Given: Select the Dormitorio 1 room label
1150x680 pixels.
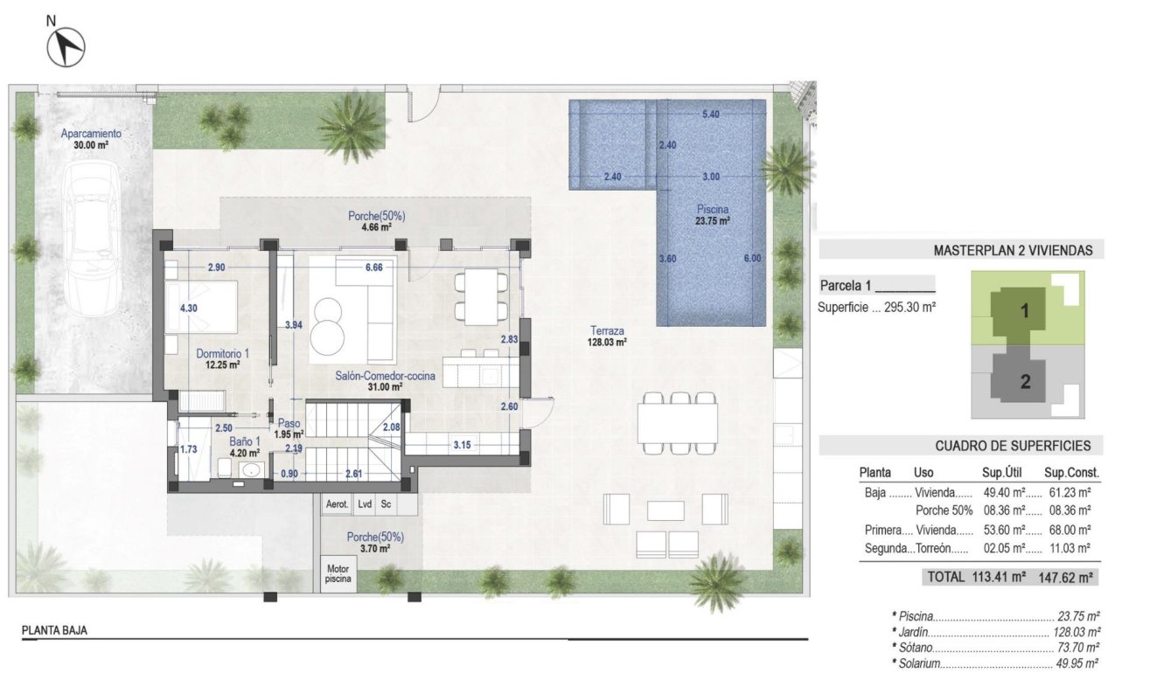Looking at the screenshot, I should pos(223,358).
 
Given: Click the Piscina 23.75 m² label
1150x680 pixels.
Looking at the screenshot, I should pos(713,215).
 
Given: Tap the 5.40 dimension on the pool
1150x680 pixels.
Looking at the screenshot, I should pos(711,114).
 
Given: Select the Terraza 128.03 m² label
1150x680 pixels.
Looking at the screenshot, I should pos(606,337).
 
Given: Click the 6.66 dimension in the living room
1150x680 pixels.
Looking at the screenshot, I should pos(373,267).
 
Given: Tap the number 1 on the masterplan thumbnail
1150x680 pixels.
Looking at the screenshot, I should pos(1024,309).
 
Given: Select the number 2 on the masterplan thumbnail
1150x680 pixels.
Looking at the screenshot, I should pos(1024,381).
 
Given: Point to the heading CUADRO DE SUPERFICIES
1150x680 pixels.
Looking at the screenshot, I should pos(1013,446).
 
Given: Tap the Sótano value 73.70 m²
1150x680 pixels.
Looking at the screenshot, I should pos(1077,648).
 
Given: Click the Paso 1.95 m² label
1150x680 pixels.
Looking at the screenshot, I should pos(289,427).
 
